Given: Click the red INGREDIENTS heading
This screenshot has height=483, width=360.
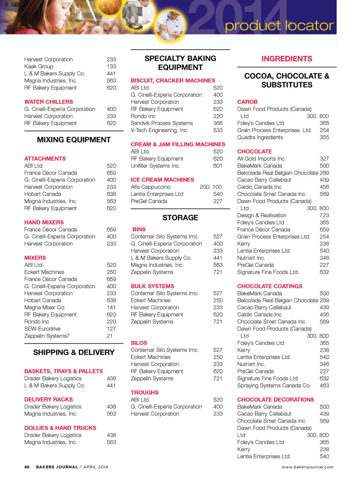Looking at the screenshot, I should pos(286,59).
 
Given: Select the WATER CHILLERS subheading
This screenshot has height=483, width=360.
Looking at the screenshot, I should pos(49,102).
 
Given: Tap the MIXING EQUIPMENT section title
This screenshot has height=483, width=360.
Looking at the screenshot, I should pos(74,140).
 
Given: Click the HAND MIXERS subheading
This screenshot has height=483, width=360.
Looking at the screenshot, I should pos(44,222).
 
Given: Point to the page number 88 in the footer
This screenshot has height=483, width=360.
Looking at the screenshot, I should pos(27,467).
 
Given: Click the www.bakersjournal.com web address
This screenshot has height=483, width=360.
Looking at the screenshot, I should pos(307,467).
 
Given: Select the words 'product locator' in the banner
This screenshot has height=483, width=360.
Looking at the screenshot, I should pos(279,26).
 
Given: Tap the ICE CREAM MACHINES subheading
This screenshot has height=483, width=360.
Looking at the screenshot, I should pos(162,180).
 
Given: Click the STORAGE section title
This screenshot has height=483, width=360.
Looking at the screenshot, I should pos(180,218).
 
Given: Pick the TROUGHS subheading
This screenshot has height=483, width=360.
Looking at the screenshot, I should pos(144,392).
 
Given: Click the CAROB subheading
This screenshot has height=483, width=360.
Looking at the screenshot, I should pos(247,102).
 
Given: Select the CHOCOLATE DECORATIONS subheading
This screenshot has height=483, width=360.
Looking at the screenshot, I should pos(276,399).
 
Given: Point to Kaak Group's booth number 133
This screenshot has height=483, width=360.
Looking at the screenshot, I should pos(111,66).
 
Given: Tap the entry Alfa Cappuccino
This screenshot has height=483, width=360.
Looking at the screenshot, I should pos(150,187).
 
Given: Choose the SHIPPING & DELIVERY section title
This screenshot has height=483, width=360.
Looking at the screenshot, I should pos(74,352).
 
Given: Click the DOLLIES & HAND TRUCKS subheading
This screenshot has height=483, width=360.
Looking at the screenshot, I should pos(60,428).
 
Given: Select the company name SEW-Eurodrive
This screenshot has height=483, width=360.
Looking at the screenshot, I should pos(42,329).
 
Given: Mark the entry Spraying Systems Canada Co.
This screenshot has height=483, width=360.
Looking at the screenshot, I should pos(274,385).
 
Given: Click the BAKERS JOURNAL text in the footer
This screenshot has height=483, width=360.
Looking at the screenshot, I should pos(57,467).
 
